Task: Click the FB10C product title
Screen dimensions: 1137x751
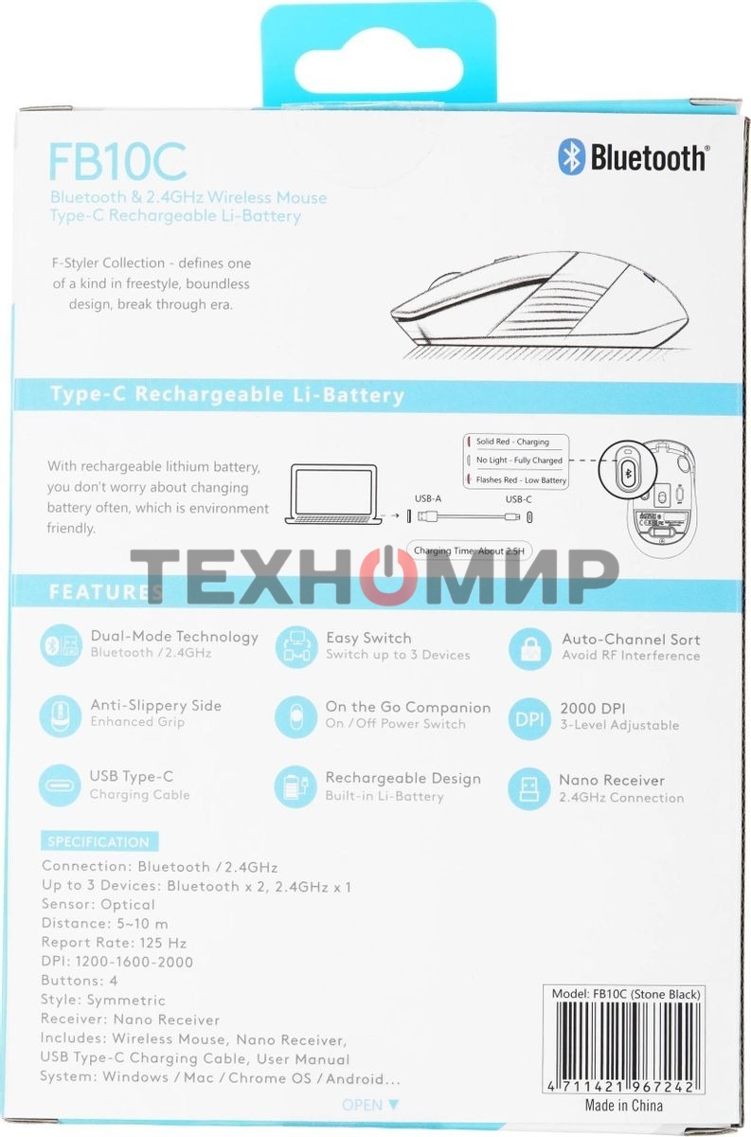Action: pyautogui.click(x=117, y=162)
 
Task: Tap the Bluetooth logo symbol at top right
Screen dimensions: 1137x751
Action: pyautogui.click(x=570, y=157)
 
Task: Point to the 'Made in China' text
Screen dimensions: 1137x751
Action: pyautogui.click(x=623, y=1106)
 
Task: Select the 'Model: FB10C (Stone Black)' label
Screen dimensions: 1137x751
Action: pyautogui.click(x=626, y=994)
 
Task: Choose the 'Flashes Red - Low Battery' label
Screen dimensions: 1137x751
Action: pyautogui.click(x=520, y=480)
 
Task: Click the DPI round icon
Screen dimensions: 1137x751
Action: pyautogui.click(x=530, y=719)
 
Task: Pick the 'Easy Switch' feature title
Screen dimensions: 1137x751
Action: pyautogui.click(x=368, y=638)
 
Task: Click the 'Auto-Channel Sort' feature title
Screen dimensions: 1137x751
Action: pyautogui.click(x=631, y=639)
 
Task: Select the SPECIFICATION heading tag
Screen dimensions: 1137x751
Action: pyautogui.click(x=98, y=841)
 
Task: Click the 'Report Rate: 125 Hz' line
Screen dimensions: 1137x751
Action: pyautogui.click(x=114, y=943)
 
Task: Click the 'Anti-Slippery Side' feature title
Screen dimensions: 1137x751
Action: pyautogui.click(x=155, y=705)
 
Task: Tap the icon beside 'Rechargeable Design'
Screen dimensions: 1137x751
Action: pyautogui.click(x=295, y=787)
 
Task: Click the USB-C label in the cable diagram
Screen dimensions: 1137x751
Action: pyautogui.click(x=519, y=498)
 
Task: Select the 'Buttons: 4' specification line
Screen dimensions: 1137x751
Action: pyautogui.click(x=80, y=981)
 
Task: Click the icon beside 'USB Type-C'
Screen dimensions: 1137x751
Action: pyautogui.click(x=60, y=785)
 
